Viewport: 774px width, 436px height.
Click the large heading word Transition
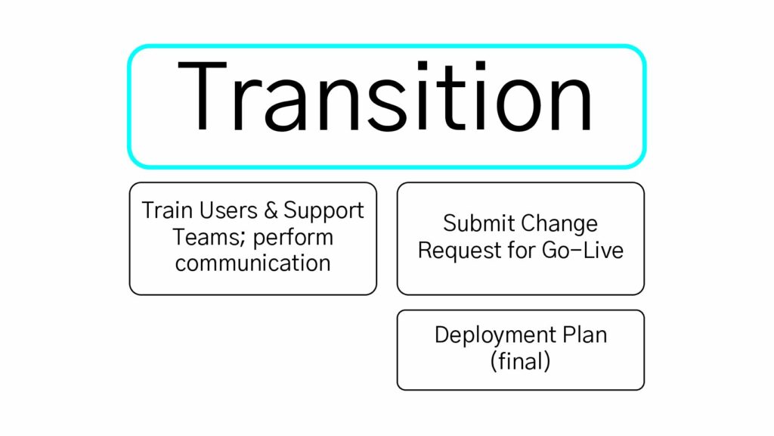pyautogui.click(x=385, y=96)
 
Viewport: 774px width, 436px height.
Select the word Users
pyautogui.click(x=228, y=210)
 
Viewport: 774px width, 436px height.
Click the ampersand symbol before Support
pyautogui.click(x=271, y=210)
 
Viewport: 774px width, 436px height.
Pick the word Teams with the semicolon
pyautogui.click(x=209, y=238)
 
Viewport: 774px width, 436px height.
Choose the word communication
pyautogui.click(x=252, y=263)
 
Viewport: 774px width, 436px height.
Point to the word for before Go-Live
pyautogui.click(x=519, y=250)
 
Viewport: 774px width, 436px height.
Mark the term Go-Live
pyautogui.click(x=583, y=250)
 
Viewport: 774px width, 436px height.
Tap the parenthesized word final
pyautogui.click(x=520, y=361)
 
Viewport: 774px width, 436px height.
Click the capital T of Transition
pyautogui.click(x=202, y=96)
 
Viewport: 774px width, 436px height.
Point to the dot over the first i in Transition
pyautogui.click(x=423, y=67)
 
